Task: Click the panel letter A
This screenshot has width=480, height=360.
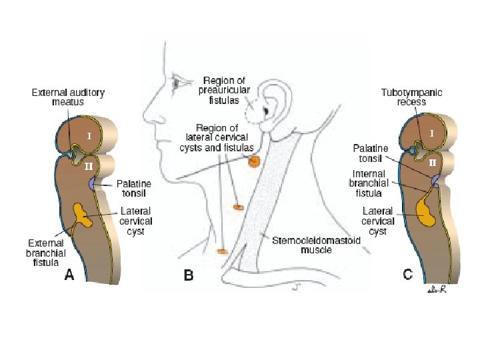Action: click(69, 275)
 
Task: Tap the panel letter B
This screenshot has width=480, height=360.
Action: click(188, 275)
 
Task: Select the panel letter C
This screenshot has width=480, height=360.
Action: click(407, 274)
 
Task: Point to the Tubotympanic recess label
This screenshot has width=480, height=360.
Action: click(411, 97)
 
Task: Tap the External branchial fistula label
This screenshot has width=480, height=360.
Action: click(46, 253)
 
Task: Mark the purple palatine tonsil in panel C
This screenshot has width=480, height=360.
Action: click(435, 180)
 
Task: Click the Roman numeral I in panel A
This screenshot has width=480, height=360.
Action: click(89, 135)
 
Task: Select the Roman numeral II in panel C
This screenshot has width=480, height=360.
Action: click(432, 162)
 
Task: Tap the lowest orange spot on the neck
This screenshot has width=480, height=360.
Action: click(222, 251)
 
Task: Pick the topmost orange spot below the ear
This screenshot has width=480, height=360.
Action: click(253, 161)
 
